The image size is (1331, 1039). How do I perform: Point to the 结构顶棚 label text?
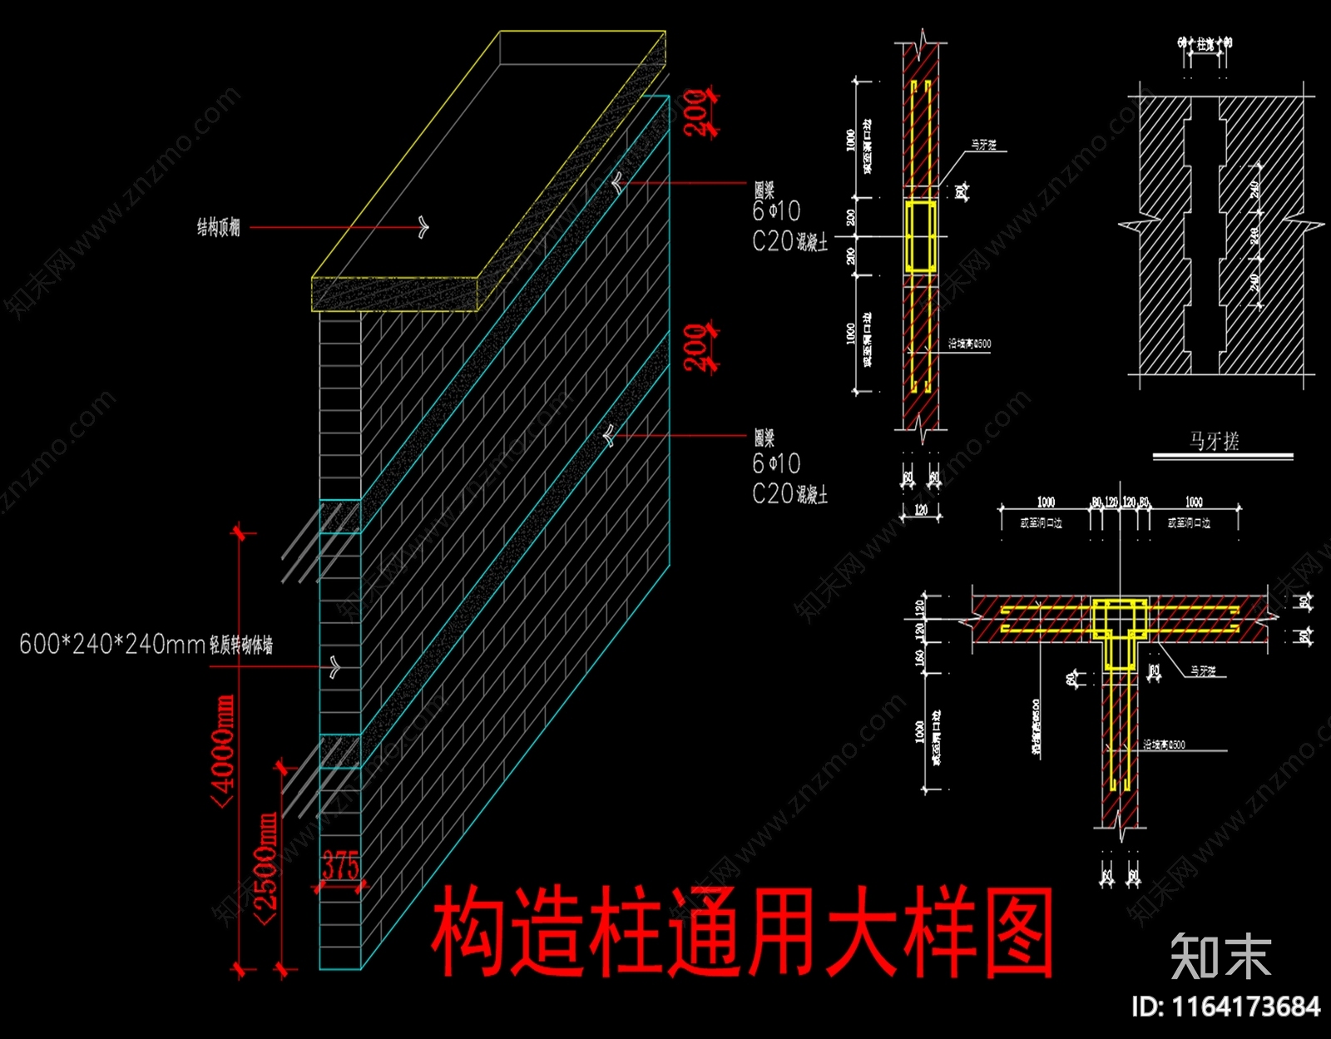[218, 227]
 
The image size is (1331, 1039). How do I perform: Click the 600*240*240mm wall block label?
[146, 644]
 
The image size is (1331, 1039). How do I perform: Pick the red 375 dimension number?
[340, 866]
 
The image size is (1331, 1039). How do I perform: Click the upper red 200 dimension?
[697, 111]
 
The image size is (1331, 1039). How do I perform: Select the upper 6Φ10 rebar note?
[776, 211]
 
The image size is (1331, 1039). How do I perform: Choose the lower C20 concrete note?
[789, 494]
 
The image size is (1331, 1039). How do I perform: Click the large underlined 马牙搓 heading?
[1214, 441]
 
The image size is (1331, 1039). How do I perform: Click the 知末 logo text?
[1220, 957]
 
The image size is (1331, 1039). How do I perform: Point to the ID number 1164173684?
[1225, 1007]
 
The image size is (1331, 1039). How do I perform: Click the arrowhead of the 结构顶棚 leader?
[423, 226]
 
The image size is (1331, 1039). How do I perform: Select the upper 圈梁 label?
[764, 190]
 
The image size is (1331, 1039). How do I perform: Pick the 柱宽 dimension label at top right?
[1205, 43]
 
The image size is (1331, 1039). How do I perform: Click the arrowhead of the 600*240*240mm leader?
[335, 666]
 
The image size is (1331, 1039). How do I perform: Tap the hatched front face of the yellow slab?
[395, 294]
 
